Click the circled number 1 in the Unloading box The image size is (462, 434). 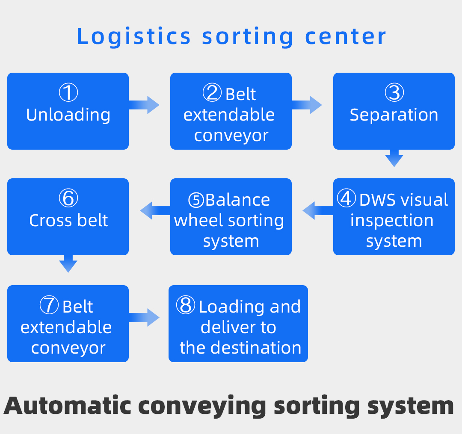68,93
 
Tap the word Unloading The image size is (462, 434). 68,115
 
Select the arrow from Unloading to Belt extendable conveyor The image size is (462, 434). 144,105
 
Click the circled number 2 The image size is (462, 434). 212,93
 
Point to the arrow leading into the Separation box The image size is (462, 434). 307,105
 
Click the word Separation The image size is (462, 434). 394,115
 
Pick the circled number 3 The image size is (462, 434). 394,93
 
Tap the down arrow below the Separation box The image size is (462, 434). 394,158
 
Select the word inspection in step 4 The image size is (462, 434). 392,220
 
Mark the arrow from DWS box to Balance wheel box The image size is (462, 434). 318,210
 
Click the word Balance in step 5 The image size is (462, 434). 237,200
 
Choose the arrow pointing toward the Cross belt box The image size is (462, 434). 155,210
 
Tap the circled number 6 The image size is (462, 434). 68,198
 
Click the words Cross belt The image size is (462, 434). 68,220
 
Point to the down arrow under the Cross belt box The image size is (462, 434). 68,263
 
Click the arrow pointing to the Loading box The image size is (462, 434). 144,317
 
